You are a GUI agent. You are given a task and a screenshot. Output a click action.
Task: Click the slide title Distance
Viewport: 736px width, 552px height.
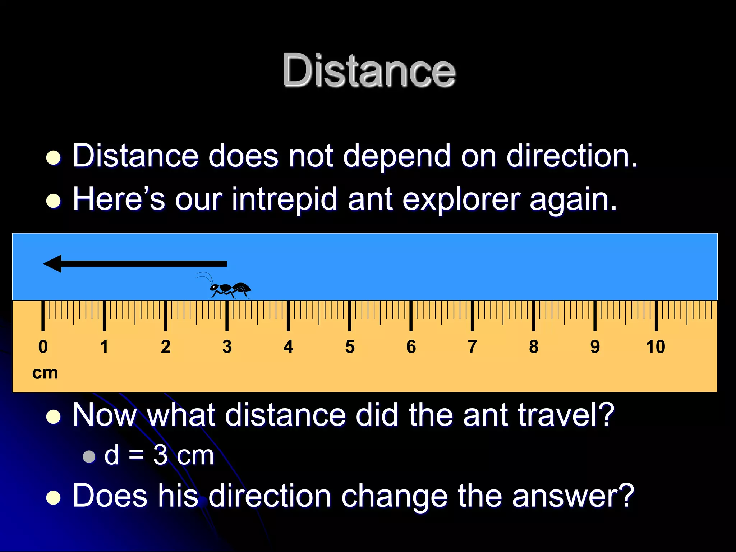point(369,70)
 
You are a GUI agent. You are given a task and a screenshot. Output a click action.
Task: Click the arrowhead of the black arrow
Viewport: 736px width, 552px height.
point(53,264)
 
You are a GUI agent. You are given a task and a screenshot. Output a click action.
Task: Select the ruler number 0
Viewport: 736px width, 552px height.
point(43,347)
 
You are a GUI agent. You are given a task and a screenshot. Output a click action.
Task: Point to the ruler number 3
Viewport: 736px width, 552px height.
point(227,347)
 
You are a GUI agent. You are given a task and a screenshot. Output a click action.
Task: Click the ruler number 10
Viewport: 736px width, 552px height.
point(655,347)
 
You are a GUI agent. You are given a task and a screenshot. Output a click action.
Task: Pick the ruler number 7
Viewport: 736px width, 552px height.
point(472,347)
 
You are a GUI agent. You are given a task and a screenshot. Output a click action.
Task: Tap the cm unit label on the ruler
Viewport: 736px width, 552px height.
point(45,373)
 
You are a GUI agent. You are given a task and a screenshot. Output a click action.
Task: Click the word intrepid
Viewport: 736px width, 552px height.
point(284,199)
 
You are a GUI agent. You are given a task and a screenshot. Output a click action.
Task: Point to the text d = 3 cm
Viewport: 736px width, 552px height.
point(159,455)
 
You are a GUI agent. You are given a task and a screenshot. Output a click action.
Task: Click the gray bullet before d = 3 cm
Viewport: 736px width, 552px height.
point(89,456)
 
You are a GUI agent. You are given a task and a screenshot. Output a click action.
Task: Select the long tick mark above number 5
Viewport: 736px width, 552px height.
point(349,316)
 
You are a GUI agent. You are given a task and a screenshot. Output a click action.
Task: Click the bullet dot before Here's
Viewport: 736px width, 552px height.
point(54,201)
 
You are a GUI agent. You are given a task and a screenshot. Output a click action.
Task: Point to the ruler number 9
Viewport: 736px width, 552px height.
point(595,347)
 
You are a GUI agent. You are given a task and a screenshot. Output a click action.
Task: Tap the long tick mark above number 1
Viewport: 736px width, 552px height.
point(104,316)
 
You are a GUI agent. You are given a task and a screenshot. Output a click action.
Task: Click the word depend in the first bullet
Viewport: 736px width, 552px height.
point(396,156)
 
